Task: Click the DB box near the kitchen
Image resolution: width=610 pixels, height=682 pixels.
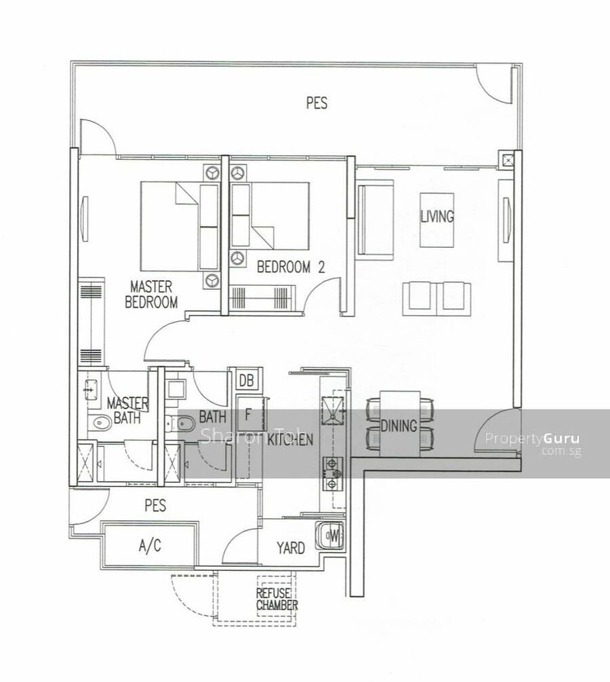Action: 246,381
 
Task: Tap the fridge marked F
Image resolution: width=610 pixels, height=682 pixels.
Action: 250,414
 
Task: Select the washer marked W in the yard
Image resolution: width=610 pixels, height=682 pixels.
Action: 329,536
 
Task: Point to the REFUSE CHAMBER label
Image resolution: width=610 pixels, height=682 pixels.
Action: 277,599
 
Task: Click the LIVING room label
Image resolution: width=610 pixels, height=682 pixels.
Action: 436,216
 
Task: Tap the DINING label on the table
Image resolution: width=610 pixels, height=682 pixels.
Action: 399,426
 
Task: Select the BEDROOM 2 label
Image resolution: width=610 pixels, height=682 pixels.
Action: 291,267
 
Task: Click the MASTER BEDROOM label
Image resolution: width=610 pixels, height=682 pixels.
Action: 152,294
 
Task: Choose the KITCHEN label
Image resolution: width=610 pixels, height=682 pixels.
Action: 290,440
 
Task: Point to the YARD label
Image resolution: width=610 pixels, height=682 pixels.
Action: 291,548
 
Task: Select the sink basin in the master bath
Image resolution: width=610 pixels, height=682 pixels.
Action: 90,389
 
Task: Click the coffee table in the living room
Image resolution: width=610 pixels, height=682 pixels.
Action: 436,220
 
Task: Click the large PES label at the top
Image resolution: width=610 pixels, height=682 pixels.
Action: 317,103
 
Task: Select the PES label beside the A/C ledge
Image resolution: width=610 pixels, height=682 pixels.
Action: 155,505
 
